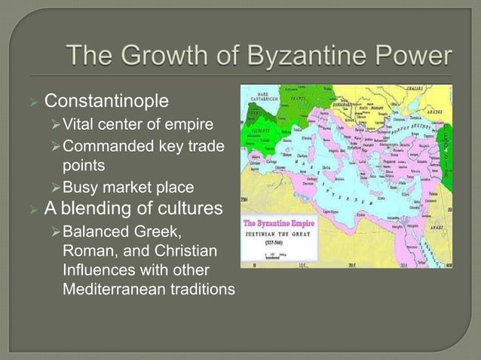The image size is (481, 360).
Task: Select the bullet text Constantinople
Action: pyautogui.click(x=106, y=99)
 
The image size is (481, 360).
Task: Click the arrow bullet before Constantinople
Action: pyautogui.click(x=32, y=100)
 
